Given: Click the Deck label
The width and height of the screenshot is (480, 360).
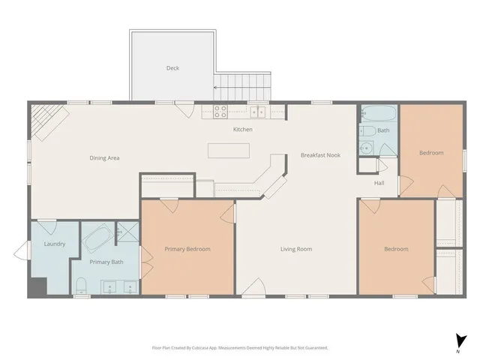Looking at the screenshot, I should (x=172, y=68).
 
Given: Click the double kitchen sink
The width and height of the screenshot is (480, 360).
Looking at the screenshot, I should (x=258, y=112).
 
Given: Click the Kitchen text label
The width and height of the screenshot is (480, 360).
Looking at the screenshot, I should (x=242, y=130).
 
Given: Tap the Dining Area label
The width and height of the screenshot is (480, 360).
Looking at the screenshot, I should (x=104, y=157).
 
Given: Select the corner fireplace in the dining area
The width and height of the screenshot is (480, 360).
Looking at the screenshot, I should (x=46, y=120).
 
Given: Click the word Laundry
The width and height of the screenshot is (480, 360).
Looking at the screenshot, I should (x=55, y=244).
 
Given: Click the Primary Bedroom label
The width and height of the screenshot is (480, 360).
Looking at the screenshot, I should (x=187, y=249).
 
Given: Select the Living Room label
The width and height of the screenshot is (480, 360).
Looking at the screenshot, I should (x=296, y=249).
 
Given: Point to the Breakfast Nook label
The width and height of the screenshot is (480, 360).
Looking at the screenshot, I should (x=320, y=155).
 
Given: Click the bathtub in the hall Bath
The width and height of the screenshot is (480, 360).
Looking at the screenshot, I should (x=376, y=115).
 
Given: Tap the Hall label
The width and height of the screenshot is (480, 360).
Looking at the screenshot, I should (x=379, y=182).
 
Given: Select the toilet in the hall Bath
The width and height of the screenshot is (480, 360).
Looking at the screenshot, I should (x=367, y=147).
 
